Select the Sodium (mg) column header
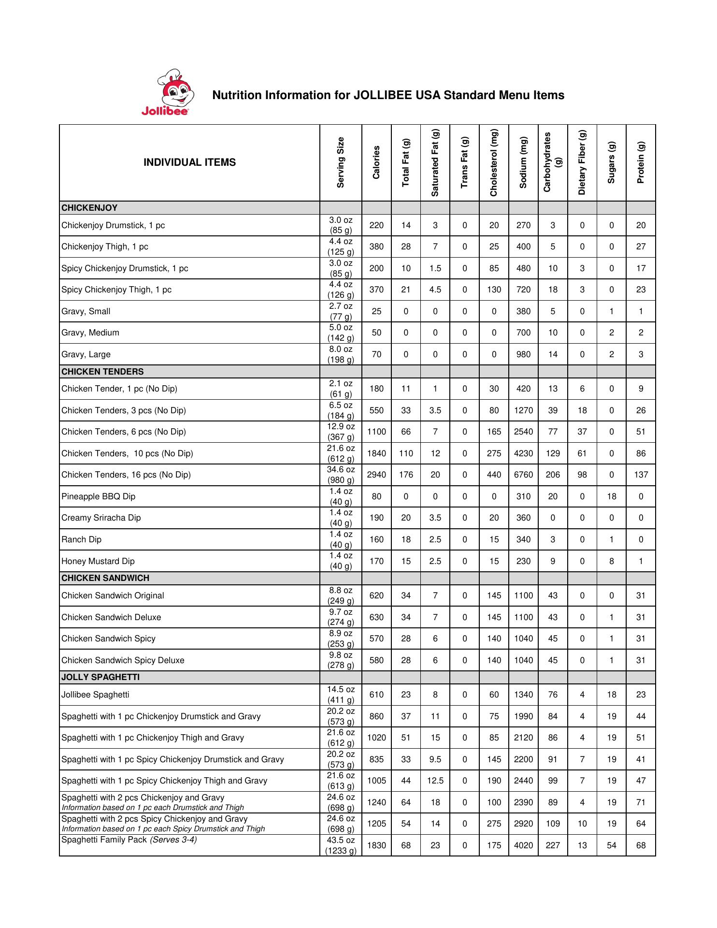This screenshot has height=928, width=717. (x=523, y=162)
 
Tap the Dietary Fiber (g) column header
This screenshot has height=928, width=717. (x=582, y=162)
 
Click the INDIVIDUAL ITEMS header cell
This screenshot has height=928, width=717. (x=189, y=162)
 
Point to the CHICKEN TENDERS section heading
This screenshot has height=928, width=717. (x=102, y=372)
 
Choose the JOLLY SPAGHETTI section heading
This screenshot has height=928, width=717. (x=100, y=677)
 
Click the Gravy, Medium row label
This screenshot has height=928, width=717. (x=90, y=333)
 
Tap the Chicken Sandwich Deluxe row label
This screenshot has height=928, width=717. (x=111, y=617)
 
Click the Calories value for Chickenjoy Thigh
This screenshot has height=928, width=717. (x=376, y=246)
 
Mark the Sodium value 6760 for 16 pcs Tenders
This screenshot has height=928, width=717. (x=523, y=475)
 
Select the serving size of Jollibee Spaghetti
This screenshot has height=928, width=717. (x=341, y=695)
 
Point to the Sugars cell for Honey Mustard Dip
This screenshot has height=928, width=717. (x=611, y=561)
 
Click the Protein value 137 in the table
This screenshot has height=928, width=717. (x=641, y=475)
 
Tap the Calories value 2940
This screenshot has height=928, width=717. (x=376, y=475)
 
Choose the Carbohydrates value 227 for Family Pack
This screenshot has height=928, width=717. (x=553, y=845)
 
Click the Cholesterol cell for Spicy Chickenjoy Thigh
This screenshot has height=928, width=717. (x=494, y=290)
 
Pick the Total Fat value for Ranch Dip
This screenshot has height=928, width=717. (x=406, y=539)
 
